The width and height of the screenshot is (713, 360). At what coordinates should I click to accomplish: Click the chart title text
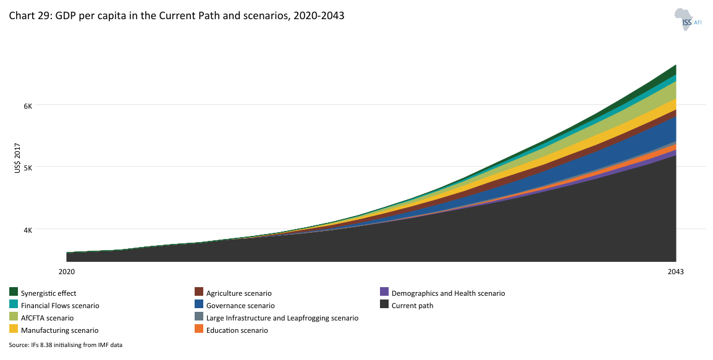176,16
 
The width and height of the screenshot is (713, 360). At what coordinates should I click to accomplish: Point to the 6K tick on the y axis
45,105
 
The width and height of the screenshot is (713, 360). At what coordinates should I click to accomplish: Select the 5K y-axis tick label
45,167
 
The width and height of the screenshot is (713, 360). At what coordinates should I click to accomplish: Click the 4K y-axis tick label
45,230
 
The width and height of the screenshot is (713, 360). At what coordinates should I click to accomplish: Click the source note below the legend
65,345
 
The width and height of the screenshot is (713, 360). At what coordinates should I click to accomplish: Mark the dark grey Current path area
432,241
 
